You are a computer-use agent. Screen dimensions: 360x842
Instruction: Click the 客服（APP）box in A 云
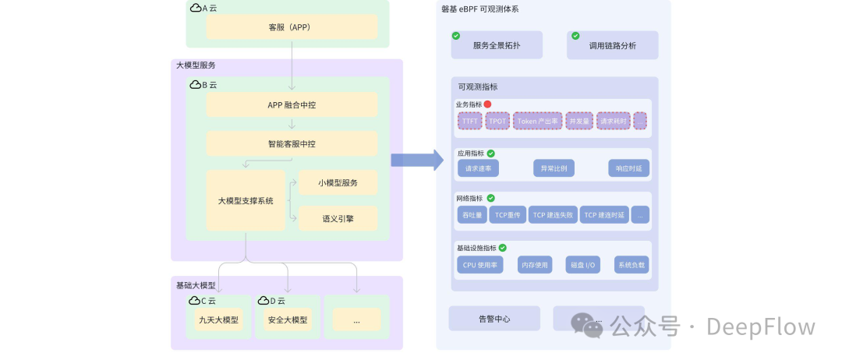click(292, 27)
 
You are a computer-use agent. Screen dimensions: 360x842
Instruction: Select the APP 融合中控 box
click(292, 104)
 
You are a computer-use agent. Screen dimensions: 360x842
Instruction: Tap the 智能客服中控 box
click(292, 143)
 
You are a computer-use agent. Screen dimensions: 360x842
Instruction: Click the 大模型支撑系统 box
click(246, 200)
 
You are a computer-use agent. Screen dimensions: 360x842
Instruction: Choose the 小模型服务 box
click(338, 183)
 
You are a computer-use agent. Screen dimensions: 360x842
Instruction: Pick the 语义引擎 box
click(338, 218)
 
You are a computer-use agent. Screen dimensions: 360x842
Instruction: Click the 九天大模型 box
click(218, 319)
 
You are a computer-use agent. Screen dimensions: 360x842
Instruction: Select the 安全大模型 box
click(287, 319)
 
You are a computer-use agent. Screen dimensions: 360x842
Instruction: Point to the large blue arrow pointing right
click(416, 160)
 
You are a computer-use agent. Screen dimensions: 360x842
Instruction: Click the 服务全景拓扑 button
click(497, 45)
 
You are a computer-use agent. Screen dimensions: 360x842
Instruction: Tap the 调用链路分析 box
click(612, 45)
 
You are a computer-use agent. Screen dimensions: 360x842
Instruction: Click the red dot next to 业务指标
click(487, 104)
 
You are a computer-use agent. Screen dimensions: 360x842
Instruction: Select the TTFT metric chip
click(469, 121)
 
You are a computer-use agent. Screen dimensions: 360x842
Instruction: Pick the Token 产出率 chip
click(537, 121)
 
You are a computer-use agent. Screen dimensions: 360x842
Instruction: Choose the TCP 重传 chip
click(507, 214)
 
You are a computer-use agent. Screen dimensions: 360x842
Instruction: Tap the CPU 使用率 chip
click(481, 265)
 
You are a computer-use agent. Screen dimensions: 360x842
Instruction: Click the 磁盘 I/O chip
click(582, 265)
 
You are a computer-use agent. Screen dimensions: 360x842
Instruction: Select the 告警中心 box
click(494, 318)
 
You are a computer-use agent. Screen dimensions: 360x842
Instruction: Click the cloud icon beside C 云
click(195, 301)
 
